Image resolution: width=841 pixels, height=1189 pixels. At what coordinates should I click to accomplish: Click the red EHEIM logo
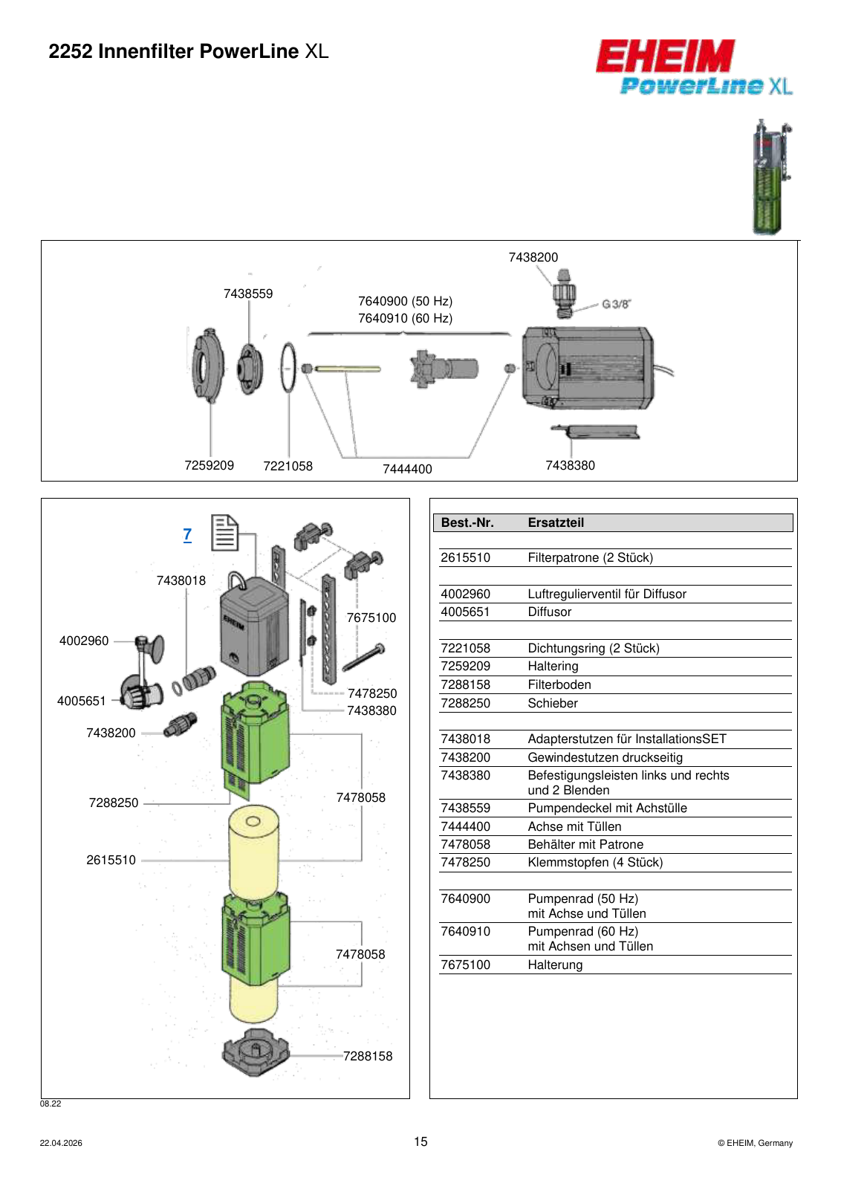pos(665,56)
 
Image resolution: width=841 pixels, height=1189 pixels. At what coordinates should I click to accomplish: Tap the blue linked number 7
pos(187,534)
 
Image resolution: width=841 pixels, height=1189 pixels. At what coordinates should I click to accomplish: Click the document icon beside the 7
pos(224,532)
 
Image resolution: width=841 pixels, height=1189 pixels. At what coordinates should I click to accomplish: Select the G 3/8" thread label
pos(616,304)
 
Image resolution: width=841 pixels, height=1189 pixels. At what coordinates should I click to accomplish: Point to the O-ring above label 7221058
pos(288,367)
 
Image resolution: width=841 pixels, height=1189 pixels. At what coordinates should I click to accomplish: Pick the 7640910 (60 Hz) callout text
pos(406,319)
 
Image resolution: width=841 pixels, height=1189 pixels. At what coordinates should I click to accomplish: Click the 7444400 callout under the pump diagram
pos(408,469)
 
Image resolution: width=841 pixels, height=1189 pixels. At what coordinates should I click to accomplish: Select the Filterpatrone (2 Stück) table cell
pos(590,558)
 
